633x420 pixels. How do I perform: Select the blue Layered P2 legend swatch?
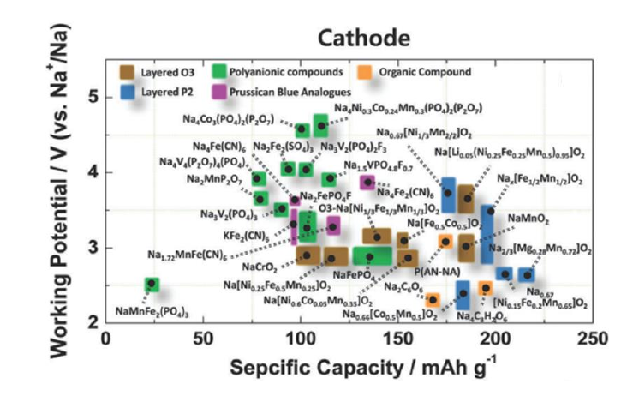pyautogui.click(x=129, y=89)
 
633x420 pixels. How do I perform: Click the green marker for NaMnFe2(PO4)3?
pyautogui.click(x=152, y=284)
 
